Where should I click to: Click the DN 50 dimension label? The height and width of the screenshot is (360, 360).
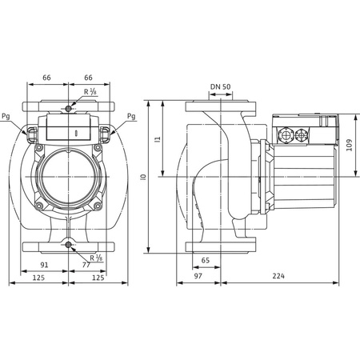point(220,86)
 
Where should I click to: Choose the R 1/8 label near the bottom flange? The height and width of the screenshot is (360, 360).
point(97,258)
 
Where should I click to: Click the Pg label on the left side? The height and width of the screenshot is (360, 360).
point(7,116)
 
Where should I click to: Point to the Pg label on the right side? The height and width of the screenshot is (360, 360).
point(130,116)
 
